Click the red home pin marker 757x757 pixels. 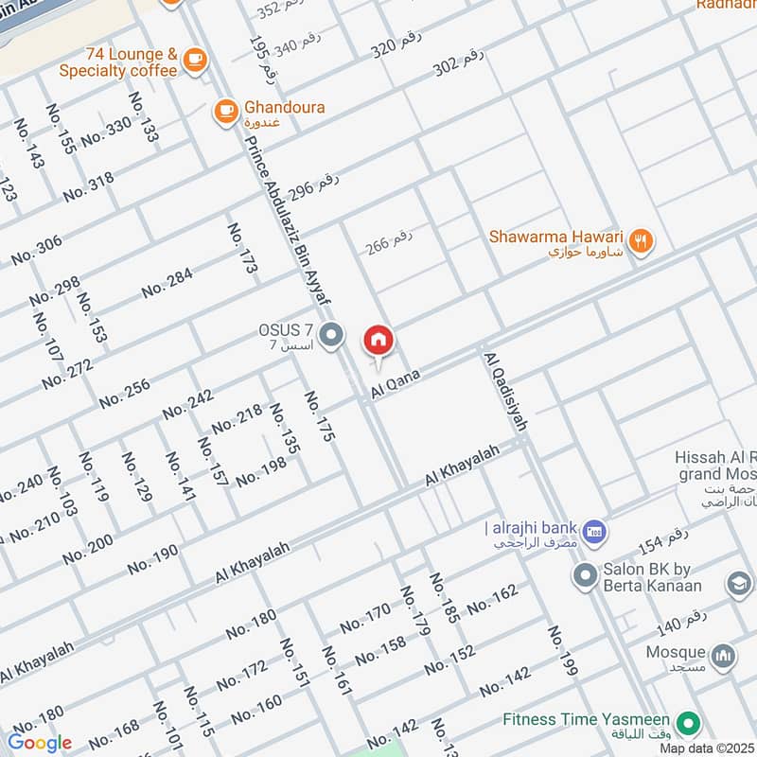(x=378, y=339)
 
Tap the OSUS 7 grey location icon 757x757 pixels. (x=331, y=335)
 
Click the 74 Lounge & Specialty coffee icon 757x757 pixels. (x=195, y=59)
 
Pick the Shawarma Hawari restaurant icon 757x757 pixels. (x=641, y=241)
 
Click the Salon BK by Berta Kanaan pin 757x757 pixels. (x=583, y=573)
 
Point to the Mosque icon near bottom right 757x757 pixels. (x=723, y=655)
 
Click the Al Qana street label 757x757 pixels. (x=396, y=383)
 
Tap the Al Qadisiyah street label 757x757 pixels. (x=504, y=392)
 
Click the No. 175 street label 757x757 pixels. (x=320, y=417)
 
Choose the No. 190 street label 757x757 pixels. (x=152, y=559)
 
